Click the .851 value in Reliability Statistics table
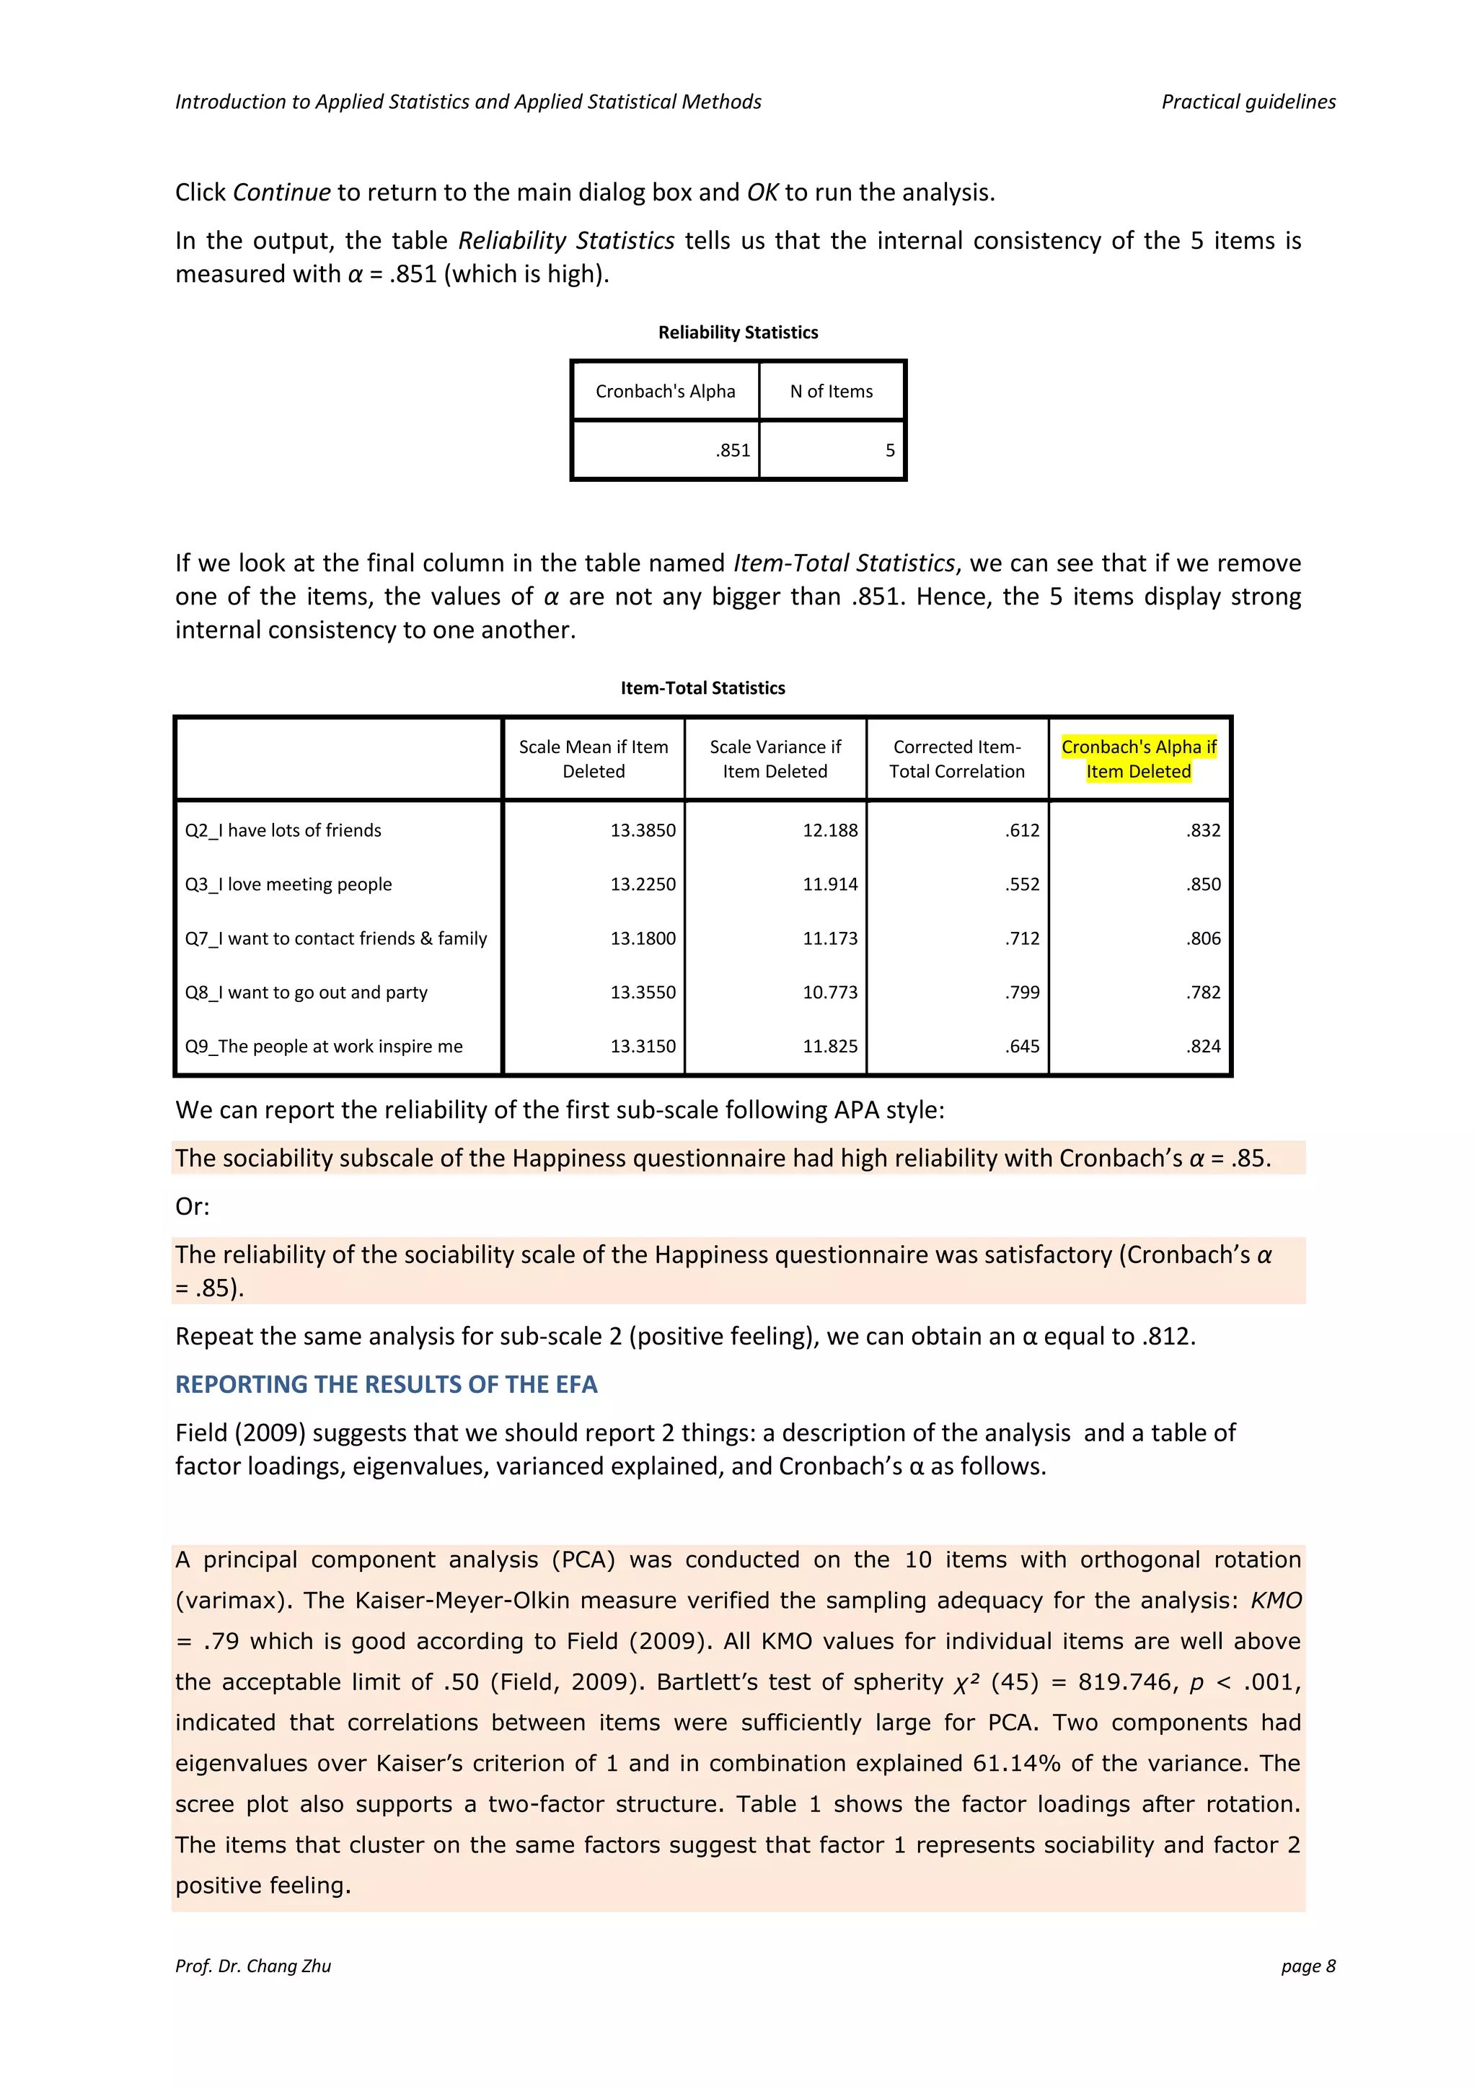pos(732,450)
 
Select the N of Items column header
pos(832,391)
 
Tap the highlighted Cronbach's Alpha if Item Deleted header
pos(1139,759)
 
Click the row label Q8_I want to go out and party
pos(307,993)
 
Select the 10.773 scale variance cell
pos(829,993)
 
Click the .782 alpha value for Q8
pos(1202,993)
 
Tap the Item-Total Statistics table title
pos(702,688)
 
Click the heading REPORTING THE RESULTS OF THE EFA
pos(386,1385)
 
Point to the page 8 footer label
pos(1308,1965)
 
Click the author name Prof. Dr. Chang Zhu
pos(253,1965)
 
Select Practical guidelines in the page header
pos(1248,102)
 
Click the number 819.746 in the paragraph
pos(1125,1682)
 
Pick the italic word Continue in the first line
pos(282,193)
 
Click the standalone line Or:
pos(192,1207)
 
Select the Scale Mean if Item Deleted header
pos(593,759)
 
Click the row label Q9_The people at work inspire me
pos(324,1047)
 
